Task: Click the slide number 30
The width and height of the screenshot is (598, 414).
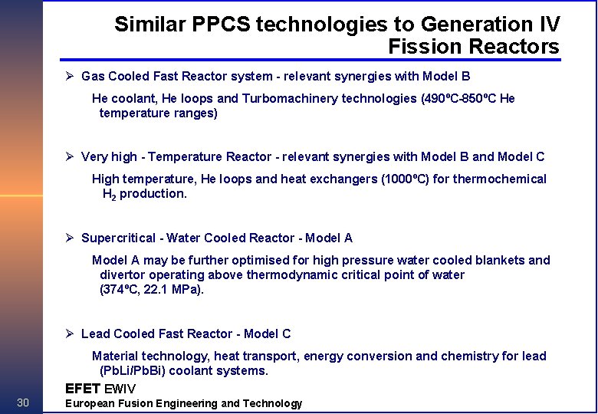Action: coord(23,403)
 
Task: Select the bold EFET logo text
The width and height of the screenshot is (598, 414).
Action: coord(83,389)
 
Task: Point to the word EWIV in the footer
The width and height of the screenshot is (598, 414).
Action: coord(120,389)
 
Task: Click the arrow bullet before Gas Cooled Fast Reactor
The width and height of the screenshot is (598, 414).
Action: coord(69,76)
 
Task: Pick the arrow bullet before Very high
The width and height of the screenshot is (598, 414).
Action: coord(69,156)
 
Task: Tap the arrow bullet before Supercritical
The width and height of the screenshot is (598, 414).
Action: coord(69,238)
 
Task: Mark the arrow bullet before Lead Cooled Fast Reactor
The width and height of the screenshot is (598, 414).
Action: coord(69,333)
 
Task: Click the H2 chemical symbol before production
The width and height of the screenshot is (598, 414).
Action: coord(109,194)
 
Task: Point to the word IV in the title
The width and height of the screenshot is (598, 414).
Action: coord(547,25)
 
